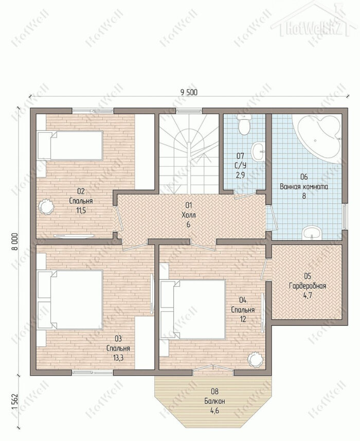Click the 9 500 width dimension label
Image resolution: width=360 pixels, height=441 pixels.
(x=188, y=92)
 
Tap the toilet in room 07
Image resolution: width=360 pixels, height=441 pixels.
(x=243, y=124)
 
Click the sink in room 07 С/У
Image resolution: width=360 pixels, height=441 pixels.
(x=258, y=151)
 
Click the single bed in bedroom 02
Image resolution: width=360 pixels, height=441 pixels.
(x=70, y=145)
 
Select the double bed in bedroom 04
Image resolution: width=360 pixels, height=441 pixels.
(x=193, y=309)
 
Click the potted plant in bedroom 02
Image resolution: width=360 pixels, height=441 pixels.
(x=45, y=207)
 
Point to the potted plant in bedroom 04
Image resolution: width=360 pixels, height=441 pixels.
(x=255, y=359)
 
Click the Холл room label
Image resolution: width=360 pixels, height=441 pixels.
(x=188, y=215)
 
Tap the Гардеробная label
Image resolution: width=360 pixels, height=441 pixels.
(x=308, y=286)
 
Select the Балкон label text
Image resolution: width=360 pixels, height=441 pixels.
(x=214, y=401)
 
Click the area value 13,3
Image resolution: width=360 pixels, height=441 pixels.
(x=118, y=358)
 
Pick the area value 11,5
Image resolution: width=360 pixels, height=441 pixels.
(x=81, y=210)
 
